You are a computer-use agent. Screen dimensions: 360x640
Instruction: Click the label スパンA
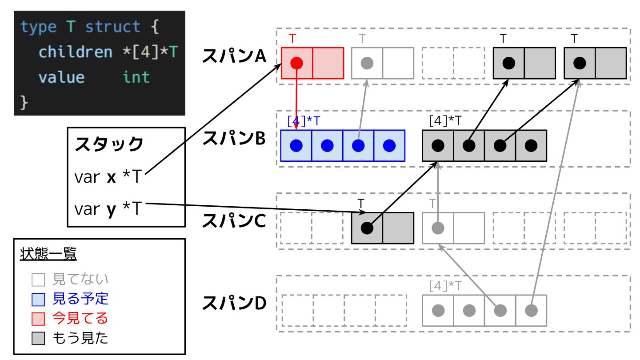pyautogui.click(x=234, y=56)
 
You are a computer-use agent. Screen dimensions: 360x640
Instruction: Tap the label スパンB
pyautogui.click(x=234, y=138)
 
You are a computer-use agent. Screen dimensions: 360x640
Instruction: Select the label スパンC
pyautogui.click(x=234, y=221)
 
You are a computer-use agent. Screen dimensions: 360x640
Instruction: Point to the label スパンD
pyautogui.click(x=234, y=304)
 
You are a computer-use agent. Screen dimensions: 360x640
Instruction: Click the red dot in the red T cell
pyautogui.click(x=296, y=63)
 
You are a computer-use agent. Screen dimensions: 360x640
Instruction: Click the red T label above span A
pyautogui.click(x=292, y=39)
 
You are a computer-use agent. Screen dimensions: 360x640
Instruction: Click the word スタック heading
pyautogui.click(x=109, y=144)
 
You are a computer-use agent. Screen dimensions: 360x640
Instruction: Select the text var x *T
pyautogui.click(x=108, y=177)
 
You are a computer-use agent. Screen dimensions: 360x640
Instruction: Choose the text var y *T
pyautogui.click(x=108, y=208)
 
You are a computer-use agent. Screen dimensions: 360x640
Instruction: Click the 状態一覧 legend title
pyautogui.click(x=48, y=254)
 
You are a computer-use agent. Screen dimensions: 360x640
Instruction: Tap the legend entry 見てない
pyautogui.click(x=80, y=279)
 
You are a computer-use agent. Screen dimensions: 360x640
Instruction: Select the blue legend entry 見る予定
pyautogui.click(x=80, y=299)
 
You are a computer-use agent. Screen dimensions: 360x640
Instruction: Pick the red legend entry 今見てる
pyautogui.click(x=80, y=318)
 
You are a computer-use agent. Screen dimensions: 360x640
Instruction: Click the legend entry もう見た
pyautogui.click(x=80, y=338)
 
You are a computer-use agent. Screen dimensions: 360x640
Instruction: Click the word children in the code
pyautogui.click(x=76, y=52)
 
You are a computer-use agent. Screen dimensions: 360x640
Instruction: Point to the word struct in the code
pyautogui.click(x=113, y=27)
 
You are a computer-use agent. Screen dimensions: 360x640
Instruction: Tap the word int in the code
pyautogui.click(x=136, y=77)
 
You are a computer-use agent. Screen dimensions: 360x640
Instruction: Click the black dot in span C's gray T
pyautogui.click(x=367, y=228)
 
